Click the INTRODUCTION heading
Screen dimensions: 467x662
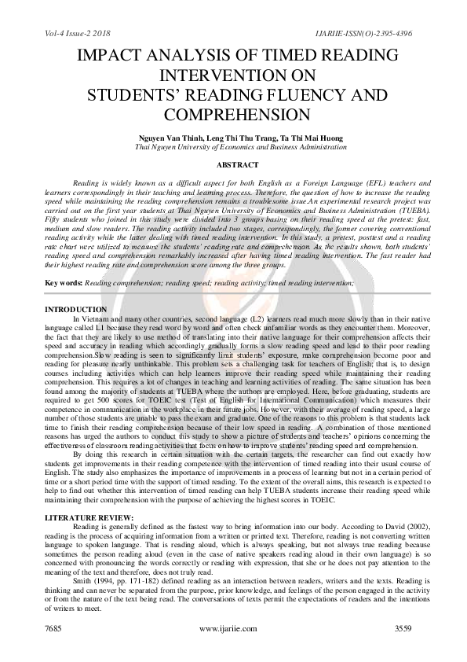(x=76, y=310)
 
